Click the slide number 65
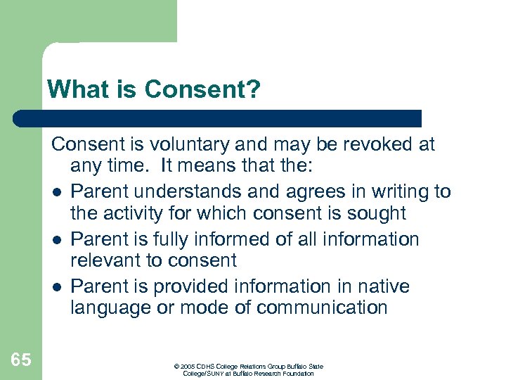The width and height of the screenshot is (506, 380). click(21, 360)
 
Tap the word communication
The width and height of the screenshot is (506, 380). click(322, 308)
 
